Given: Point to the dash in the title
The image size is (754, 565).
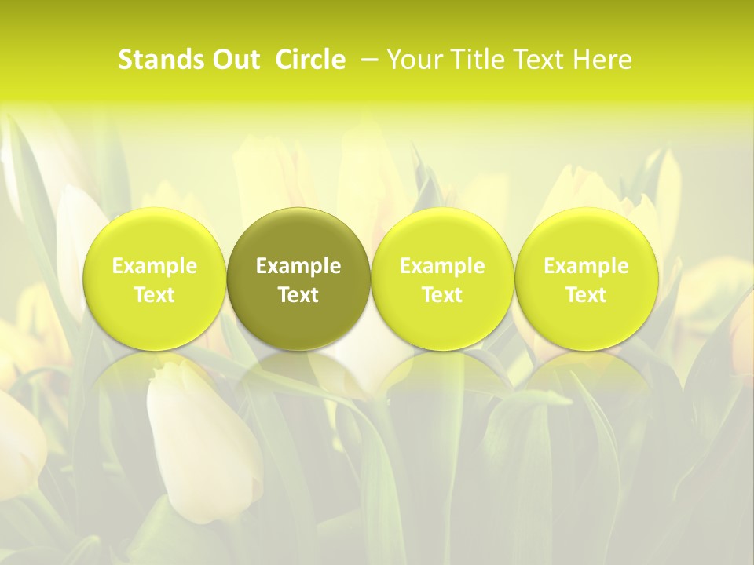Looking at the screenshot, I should point(367,60).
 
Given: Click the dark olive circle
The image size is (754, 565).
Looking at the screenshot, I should point(298,235).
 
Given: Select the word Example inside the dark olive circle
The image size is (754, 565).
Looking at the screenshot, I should point(298,266).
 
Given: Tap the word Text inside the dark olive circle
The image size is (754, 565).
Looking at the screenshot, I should point(298,295).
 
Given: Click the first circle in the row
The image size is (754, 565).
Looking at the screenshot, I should point(155,235).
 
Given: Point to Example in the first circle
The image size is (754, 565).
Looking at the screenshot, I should point(155,266).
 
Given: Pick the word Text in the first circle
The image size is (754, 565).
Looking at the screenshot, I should point(155,295).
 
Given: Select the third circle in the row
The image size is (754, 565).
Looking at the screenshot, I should point(442,235).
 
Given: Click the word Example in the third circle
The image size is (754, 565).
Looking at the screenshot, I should point(442,266).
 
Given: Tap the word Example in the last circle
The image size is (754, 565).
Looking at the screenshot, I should point(586,266).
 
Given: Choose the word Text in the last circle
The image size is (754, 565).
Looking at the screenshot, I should point(586,295).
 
